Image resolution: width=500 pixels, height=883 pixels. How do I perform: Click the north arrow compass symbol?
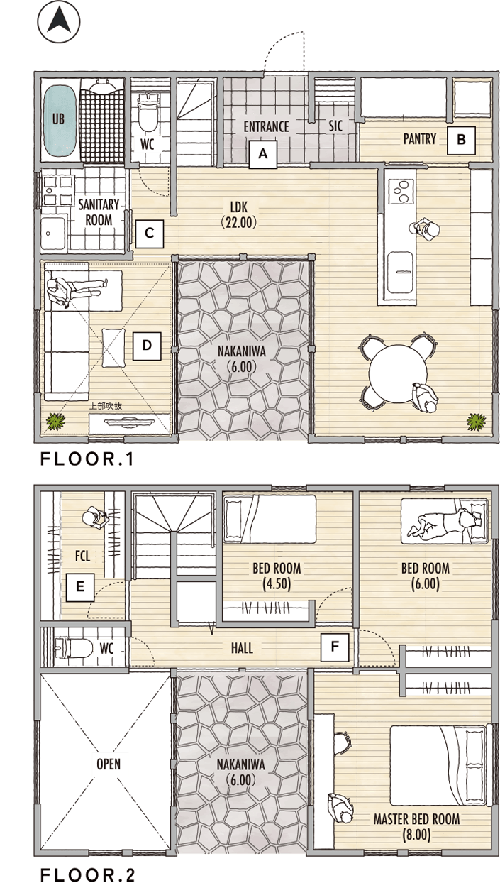click(59, 21)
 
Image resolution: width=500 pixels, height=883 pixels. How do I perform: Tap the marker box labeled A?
click(263, 154)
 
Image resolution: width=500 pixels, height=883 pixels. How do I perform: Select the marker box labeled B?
click(461, 140)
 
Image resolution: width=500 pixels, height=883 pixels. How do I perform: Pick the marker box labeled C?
click(150, 234)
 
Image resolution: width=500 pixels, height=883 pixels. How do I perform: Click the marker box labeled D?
click(147, 346)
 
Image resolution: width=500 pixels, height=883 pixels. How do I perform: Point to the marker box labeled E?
click(80, 587)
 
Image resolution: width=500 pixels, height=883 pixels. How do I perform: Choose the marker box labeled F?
click(335, 647)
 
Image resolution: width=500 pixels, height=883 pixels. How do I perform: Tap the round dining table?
click(398, 373)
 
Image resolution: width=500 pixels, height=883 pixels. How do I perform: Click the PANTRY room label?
click(419, 139)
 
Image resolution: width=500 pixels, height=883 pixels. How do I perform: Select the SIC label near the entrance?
click(335, 126)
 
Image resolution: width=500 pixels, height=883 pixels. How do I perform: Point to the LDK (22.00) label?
click(239, 215)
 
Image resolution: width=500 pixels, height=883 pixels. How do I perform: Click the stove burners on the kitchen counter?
click(401, 192)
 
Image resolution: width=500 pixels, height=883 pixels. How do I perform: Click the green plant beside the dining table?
click(476, 422)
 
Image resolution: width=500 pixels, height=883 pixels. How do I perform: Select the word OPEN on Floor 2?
click(109, 764)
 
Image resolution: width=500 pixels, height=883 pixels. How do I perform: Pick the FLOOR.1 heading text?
click(87, 459)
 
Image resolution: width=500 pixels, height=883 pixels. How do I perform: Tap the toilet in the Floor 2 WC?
click(73, 648)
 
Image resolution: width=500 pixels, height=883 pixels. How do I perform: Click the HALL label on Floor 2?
click(242, 648)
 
